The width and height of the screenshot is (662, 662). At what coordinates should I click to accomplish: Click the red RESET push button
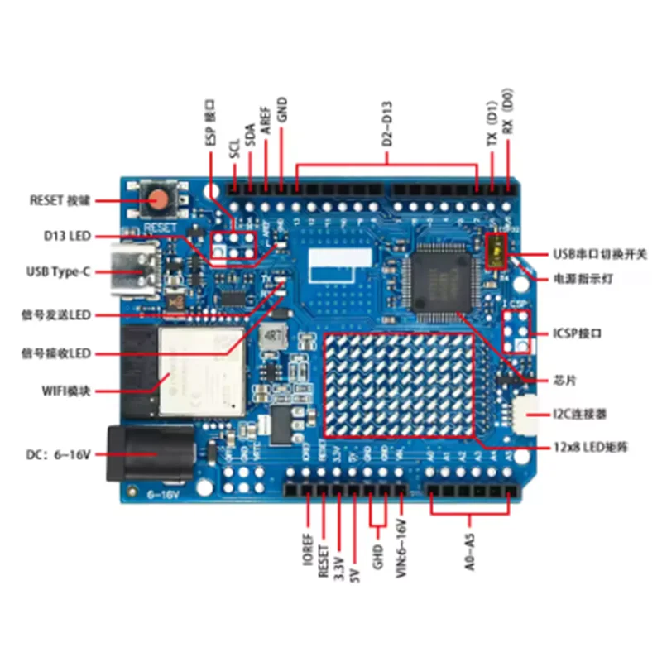tap(158, 199)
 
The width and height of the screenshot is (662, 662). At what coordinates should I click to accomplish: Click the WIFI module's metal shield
tap(204, 371)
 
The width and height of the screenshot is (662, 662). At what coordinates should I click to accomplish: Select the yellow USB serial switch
tap(496, 251)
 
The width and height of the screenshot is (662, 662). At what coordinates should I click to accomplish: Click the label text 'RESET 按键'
tap(59, 200)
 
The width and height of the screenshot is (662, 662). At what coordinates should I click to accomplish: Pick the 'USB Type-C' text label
tap(58, 271)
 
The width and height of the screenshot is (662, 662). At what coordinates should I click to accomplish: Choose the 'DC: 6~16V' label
tap(59, 454)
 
